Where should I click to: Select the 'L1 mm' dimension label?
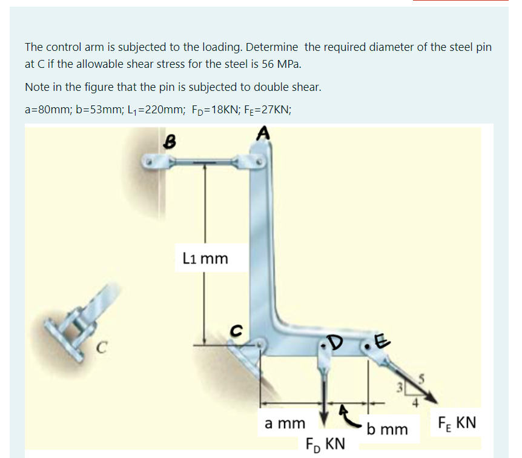tap(204, 259)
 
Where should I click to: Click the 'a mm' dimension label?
tap(285, 423)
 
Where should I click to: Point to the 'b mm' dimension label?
tap(387, 429)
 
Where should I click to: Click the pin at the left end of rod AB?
tap(148, 162)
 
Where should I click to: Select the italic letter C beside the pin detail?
tap(104, 348)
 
